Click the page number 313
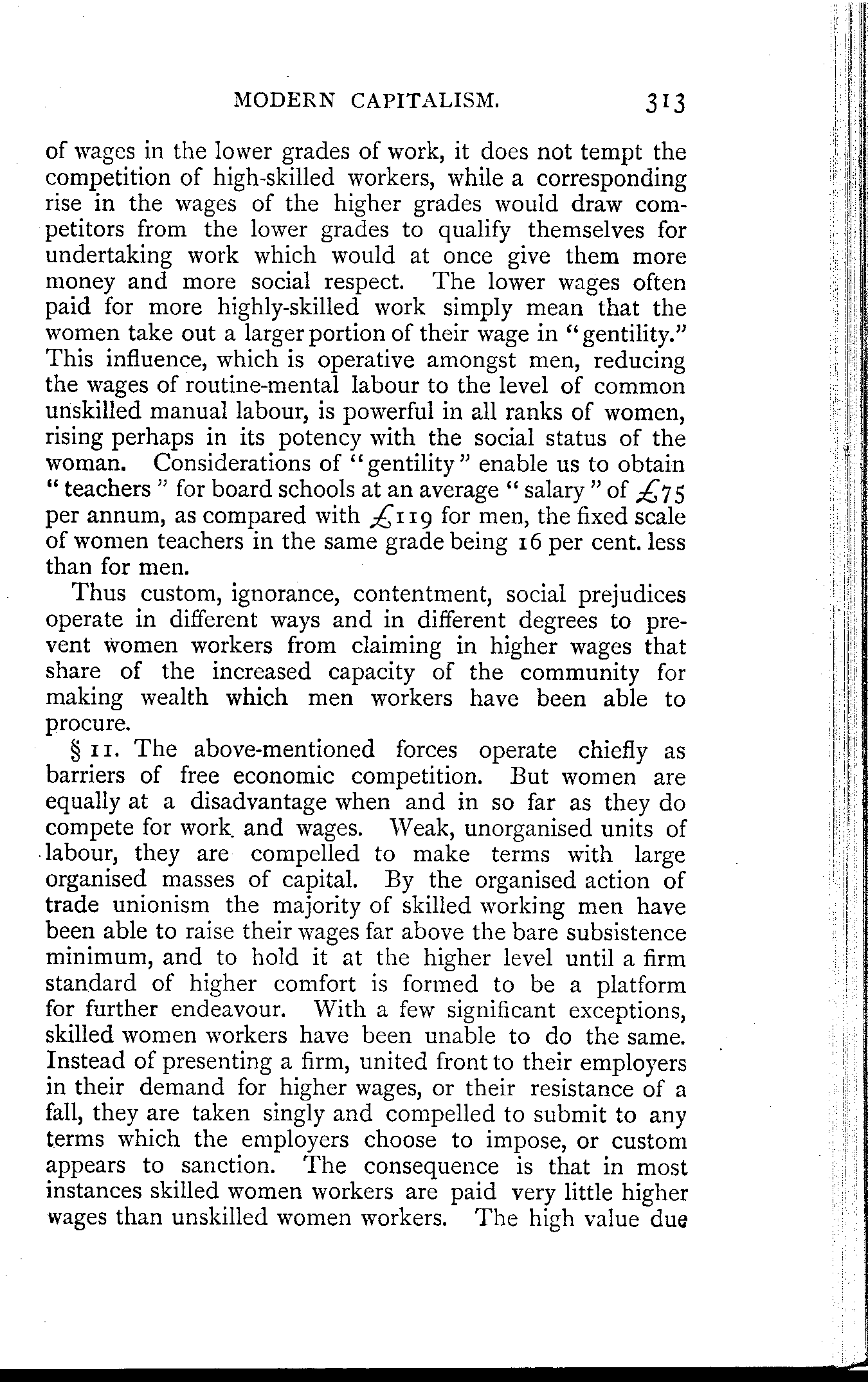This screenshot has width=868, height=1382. pos(658,102)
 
